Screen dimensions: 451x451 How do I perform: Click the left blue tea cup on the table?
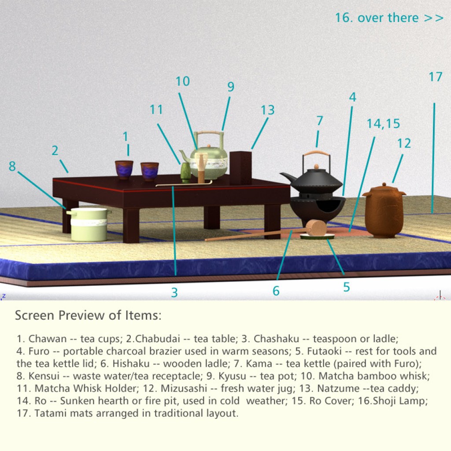124,170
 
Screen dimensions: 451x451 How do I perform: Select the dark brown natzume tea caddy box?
240,168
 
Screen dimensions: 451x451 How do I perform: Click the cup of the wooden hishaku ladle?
316,228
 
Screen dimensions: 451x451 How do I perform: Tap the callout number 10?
182,81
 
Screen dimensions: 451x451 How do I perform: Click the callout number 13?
267,110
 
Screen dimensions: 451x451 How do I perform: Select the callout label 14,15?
383,124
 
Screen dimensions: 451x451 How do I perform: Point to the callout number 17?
435,77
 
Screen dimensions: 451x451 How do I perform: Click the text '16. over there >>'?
389,18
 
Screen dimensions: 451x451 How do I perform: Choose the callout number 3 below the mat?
174,292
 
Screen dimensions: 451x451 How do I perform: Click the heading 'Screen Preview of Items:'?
88,315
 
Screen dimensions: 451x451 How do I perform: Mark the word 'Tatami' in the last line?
49,414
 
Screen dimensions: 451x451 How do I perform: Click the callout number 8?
12,166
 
